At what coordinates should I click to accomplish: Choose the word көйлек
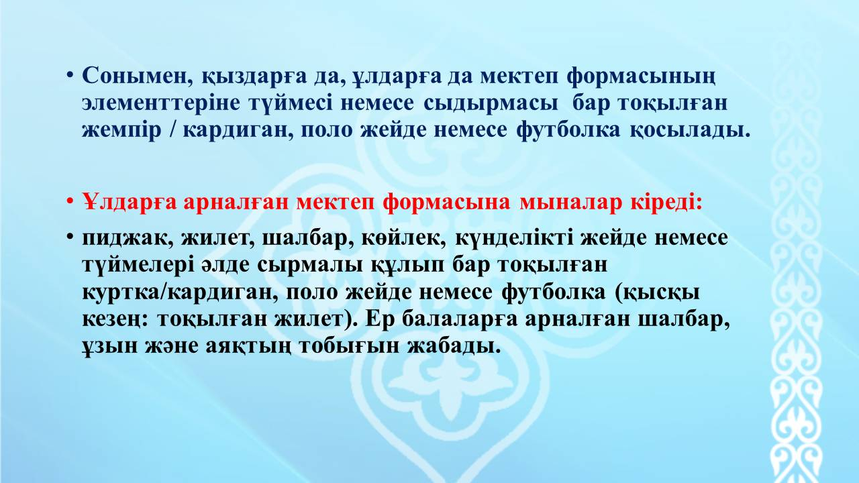[404, 237]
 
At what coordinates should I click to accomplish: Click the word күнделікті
[514, 237]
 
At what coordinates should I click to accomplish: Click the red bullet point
[70, 202]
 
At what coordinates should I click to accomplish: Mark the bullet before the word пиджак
[70, 237]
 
